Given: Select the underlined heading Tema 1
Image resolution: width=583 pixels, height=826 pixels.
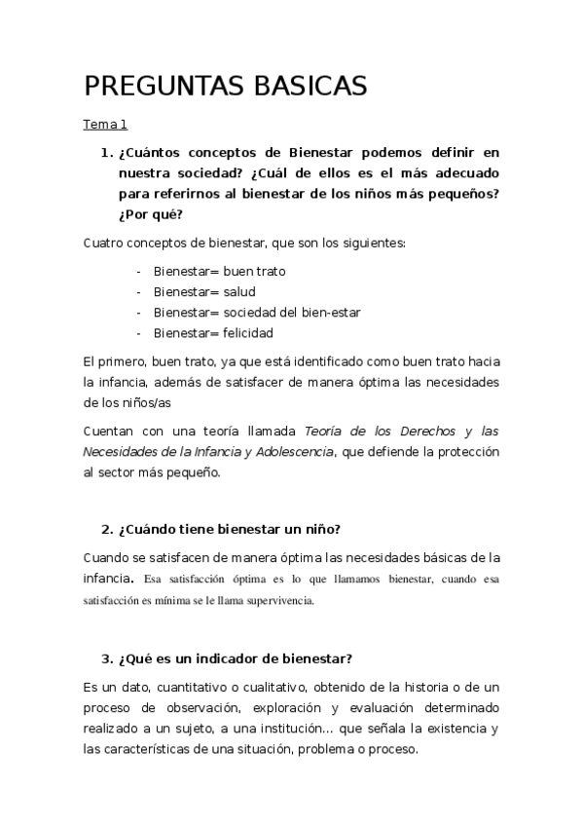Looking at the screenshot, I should tap(105, 125).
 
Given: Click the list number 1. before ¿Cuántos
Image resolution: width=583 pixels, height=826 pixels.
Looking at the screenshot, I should tap(107, 152).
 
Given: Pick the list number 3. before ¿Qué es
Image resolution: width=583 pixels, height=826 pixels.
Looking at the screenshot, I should tap(107, 659).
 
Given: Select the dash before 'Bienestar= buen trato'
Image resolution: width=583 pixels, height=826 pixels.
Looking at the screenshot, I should tap(140, 271).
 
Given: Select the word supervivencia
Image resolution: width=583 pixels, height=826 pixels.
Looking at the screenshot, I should tap(279, 601).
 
